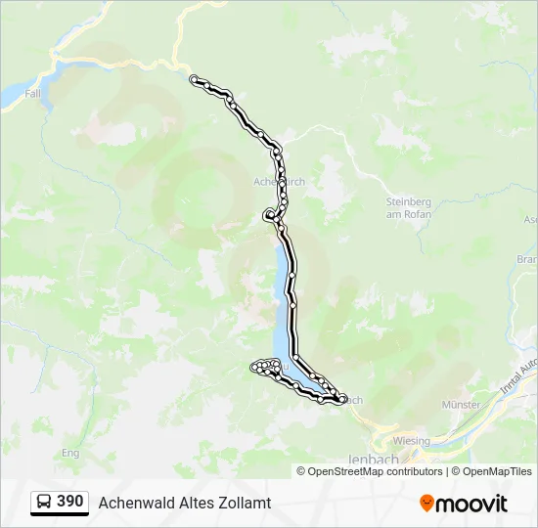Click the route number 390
[69, 501]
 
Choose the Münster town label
[461, 405]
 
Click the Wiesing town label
[412, 441]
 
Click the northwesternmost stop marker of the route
[195, 79]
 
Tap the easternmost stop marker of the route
[342, 398]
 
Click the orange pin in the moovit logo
[426, 504]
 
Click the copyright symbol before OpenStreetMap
[301, 471]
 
